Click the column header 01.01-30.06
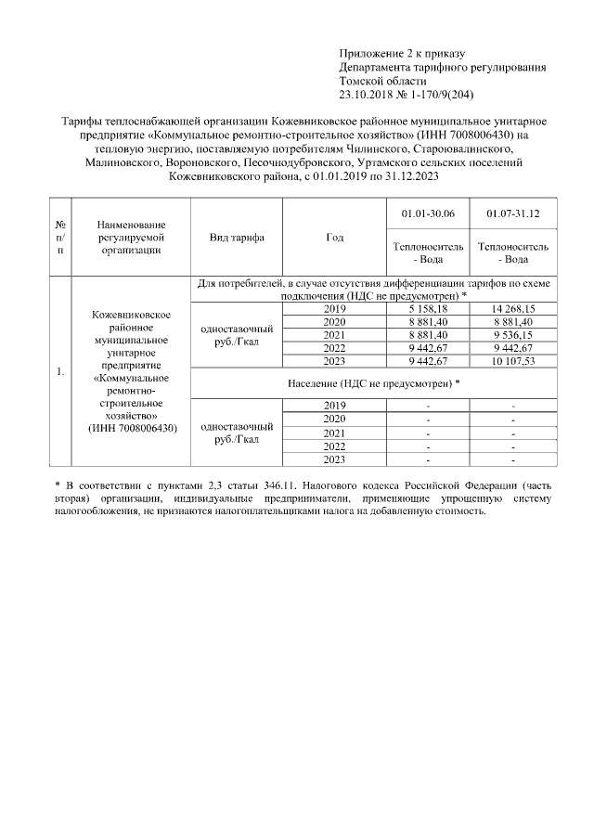coord(427,214)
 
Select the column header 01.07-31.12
coord(513,214)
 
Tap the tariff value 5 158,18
coord(427,309)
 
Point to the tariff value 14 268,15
coord(513,309)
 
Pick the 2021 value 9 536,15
coord(513,335)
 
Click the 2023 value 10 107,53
coord(513,361)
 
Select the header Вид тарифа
coord(237,238)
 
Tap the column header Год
coord(335,238)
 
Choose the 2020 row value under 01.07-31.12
coord(513,322)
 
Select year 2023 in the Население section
coord(335,459)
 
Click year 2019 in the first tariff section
coord(335,309)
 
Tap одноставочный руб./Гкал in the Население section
coord(237,433)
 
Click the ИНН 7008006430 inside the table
coord(132,427)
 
